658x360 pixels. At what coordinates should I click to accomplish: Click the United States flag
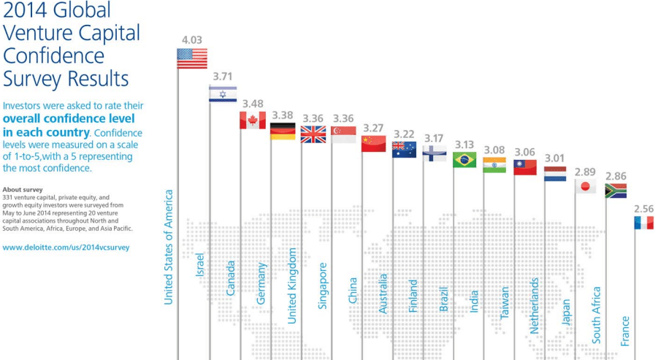click(192, 58)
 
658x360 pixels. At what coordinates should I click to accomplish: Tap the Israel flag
click(223, 93)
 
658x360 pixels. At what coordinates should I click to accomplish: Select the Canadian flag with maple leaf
click(253, 120)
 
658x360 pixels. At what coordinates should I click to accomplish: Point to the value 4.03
click(192, 39)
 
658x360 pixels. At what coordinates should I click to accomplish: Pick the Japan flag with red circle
click(584, 186)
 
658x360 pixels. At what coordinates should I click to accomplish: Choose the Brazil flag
click(464, 159)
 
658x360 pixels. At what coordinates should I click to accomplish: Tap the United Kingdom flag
click(313, 134)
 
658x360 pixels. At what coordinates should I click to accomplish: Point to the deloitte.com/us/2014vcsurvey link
click(66, 248)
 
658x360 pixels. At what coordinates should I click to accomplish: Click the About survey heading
click(23, 189)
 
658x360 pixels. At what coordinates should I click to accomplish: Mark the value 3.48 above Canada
click(253, 103)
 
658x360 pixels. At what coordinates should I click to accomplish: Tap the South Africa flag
click(616, 191)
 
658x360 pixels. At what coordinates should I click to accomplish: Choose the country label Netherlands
click(535, 305)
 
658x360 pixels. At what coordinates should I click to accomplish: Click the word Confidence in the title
click(54, 56)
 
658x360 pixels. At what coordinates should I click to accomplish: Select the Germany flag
click(283, 131)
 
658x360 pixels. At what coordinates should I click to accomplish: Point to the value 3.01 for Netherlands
click(555, 158)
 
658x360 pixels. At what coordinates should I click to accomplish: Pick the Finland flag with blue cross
click(435, 153)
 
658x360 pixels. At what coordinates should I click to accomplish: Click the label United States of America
click(169, 247)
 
